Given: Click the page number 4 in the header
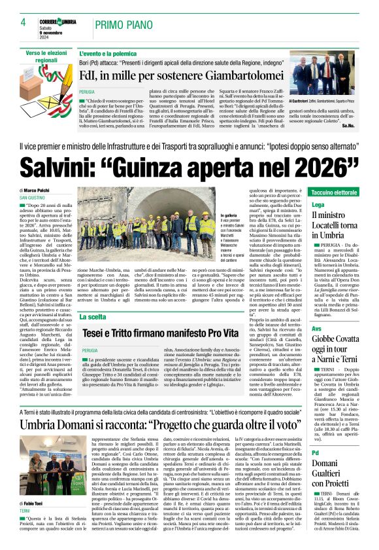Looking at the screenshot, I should click(22, 23).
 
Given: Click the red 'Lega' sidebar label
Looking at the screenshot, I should click(318, 205).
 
